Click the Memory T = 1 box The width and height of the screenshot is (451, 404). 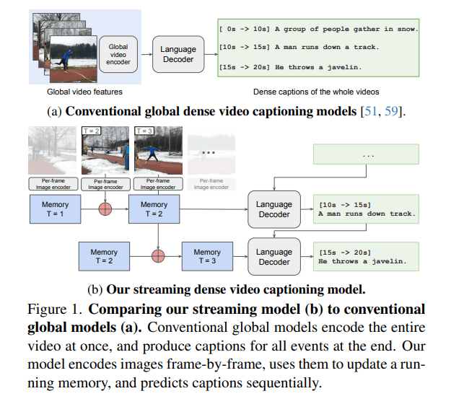coord(55,209)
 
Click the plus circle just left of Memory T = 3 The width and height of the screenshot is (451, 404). coord(157,258)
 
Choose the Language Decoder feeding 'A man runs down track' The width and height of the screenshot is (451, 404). coord(274,209)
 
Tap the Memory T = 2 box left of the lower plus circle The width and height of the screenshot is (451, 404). coord(103,258)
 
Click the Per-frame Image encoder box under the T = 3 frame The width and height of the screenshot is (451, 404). coord(154,183)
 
